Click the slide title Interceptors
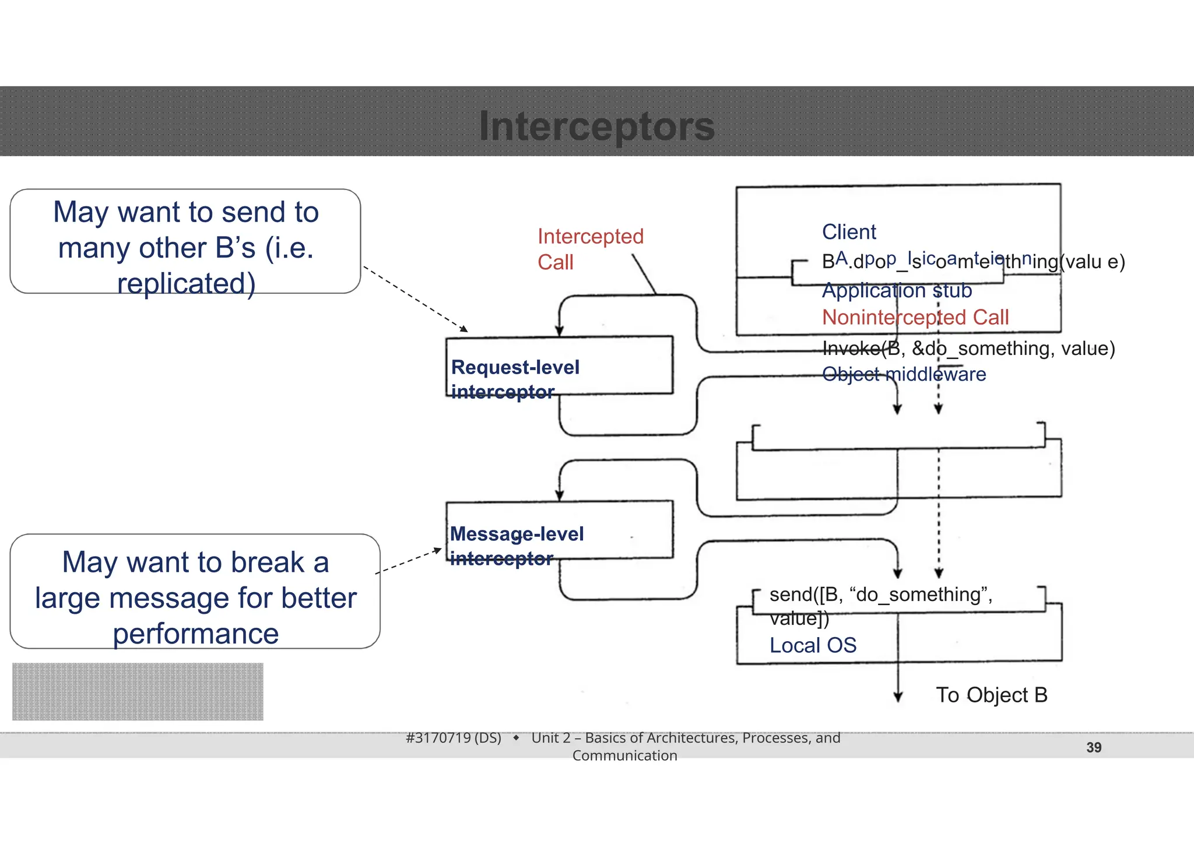point(596,126)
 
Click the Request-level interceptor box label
point(515,379)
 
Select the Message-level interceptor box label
point(517,546)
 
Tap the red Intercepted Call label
point(590,249)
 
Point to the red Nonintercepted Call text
point(915,318)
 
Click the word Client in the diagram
point(849,232)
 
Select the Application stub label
point(897,290)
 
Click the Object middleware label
point(904,374)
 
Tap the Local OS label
point(813,645)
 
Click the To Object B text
point(992,695)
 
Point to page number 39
point(1094,747)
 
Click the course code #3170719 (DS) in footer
point(454,738)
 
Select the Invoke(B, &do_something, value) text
point(968,349)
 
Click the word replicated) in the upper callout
point(187,284)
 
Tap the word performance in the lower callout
point(196,634)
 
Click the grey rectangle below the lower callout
point(138,691)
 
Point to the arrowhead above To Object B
point(898,697)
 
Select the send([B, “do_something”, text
point(880,595)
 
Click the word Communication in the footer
point(624,755)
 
